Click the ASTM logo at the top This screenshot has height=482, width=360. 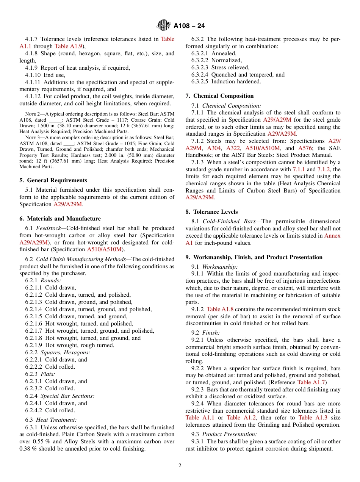pyautogui.click(x=164, y=26)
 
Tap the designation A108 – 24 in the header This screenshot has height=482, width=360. pyautogui.click(x=189, y=26)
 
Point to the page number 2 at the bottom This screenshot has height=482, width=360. pyautogui.click(x=180, y=466)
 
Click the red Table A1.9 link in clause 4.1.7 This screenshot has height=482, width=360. pyautogui.click(x=67, y=46)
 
